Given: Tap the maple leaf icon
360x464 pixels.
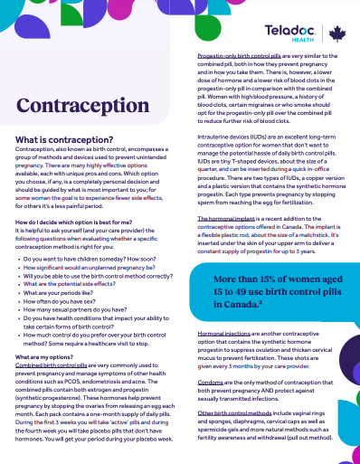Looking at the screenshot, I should (336, 34).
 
